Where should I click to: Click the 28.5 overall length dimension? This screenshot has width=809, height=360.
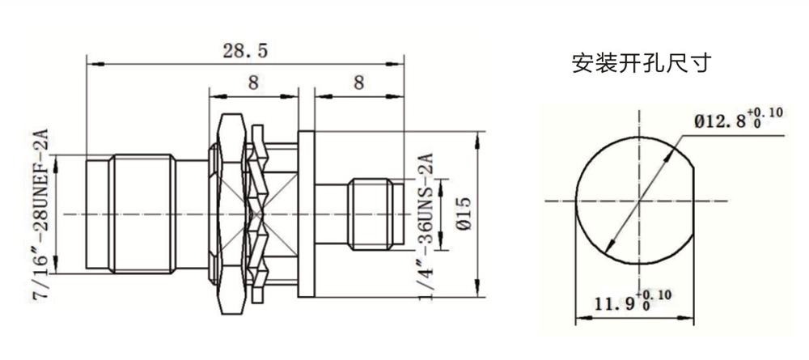(245, 51)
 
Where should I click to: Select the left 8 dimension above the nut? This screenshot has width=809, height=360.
(252, 83)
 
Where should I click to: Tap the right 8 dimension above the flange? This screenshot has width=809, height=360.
(359, 83)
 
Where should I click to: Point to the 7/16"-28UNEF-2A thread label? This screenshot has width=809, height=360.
(40, 214)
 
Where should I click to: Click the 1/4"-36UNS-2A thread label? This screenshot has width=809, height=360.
(426, 222)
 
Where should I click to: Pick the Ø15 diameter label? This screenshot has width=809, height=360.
(464, 214)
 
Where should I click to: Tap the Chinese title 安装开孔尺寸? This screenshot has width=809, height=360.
(642, 63)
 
